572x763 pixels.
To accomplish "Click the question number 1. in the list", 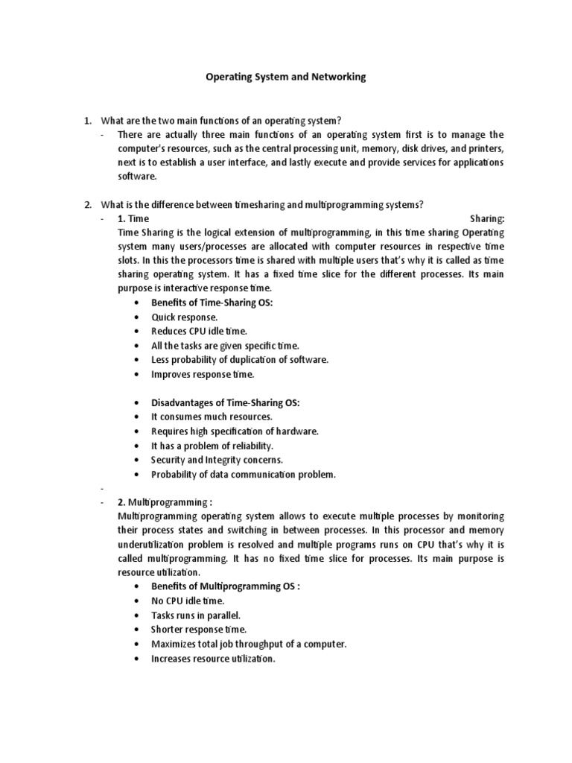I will (x=87, y=121).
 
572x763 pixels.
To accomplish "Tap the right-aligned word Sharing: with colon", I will (x=488, y=218).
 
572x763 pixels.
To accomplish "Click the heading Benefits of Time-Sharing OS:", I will (x=212, y=303).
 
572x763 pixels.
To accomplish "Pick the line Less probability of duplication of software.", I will (x=239, y=360).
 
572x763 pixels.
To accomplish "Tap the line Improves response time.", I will (x=203, y=374).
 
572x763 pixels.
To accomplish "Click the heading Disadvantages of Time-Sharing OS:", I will (x=226, y=402).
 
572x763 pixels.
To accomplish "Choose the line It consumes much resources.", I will (x=212, y=417).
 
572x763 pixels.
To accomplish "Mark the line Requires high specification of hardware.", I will (x=235, y=431).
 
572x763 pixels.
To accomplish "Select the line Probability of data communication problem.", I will (x=244, y=474).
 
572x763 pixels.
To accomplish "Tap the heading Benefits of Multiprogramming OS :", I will (x=226, y=586).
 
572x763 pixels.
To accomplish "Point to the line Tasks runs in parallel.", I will (x=196, y=615).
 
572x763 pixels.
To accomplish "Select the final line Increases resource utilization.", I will (x=213, y=659).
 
